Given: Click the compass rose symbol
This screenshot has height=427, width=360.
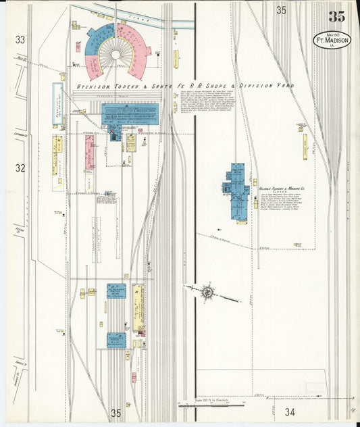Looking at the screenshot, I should tap(207, 292).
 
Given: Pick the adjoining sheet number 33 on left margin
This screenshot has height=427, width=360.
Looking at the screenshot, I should tap(20, 40).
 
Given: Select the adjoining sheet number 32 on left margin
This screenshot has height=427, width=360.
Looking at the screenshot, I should tap(20, 168).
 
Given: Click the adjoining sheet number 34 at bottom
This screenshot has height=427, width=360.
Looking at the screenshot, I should tap(290, 411).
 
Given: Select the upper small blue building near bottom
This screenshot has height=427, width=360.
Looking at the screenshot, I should tap(115, 291).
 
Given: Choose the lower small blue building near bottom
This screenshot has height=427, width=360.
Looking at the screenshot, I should tap(115, 338).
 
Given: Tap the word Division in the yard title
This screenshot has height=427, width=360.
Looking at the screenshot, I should tap(247, 86).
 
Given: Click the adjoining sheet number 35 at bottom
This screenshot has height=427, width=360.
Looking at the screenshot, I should tap(115, 412).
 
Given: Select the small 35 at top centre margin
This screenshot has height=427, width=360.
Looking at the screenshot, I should tap(281, 10).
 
